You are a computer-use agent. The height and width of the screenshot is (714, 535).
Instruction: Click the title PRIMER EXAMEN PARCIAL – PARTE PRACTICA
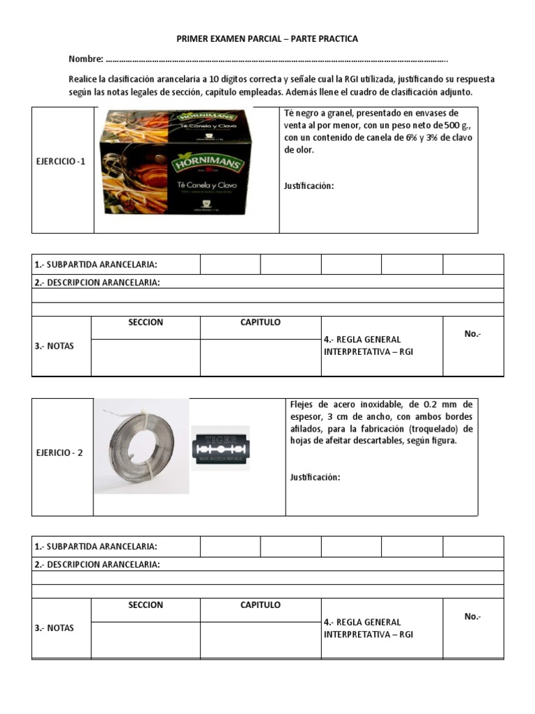(267, 39)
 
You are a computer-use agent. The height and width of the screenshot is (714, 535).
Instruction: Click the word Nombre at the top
(85, 59)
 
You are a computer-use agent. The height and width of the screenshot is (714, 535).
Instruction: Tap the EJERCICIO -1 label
(61, 162)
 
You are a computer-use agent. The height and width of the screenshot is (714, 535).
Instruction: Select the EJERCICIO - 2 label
(60, 453)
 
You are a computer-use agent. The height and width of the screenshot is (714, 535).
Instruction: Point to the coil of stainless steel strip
(141, 446)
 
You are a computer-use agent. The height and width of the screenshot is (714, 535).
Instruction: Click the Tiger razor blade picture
(220, 447)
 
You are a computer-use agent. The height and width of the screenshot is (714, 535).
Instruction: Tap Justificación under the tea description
(309, 185)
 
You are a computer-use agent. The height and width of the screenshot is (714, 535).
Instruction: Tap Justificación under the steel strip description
(314, 477)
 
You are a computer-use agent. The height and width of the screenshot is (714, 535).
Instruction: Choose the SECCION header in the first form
(146, 323)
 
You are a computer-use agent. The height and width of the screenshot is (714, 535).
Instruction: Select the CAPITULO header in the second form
(261, 605)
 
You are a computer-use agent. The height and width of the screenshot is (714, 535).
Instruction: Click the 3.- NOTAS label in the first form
(54, 347)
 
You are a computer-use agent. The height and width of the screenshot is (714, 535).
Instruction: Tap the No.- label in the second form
(472, 616)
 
